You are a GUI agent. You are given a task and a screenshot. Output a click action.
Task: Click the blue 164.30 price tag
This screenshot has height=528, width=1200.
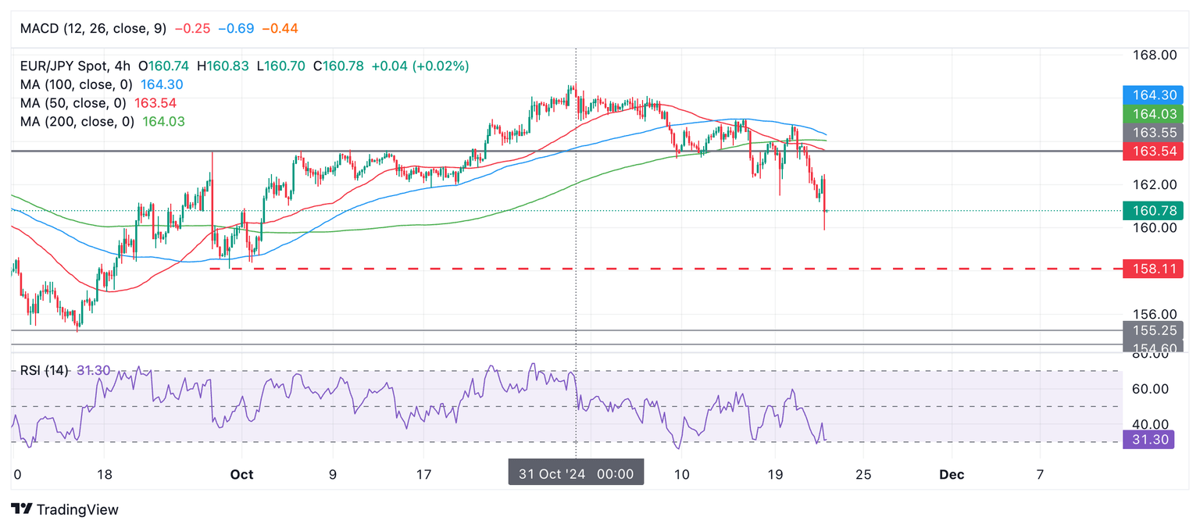click(x=1152, y=95)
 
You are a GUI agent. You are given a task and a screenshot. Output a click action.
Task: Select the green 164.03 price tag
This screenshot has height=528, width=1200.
click(x=1152, y=114)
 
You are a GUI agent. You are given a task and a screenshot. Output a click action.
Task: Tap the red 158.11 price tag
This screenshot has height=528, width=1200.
click(x=1152, y=269)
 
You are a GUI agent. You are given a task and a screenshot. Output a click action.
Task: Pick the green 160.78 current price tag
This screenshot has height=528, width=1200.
click(x=1152, y=210)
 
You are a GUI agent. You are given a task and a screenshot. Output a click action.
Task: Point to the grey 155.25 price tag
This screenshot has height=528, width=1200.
click(x=1152, y=330)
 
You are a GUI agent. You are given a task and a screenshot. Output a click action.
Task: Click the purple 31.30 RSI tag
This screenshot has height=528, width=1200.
click(x=1152, y=440)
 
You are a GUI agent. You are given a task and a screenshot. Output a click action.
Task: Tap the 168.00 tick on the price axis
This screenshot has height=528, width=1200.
click(x=1155, y=55)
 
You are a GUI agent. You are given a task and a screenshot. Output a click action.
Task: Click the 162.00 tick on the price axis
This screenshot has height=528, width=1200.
click(x=1155, y=184)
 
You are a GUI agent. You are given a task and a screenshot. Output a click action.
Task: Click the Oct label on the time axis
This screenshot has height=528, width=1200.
click(x=242, y=474)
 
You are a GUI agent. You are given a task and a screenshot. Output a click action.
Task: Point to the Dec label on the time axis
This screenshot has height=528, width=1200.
click(x=952, y=474)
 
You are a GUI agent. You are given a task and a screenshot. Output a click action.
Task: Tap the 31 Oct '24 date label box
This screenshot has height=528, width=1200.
click(x=576, y=473)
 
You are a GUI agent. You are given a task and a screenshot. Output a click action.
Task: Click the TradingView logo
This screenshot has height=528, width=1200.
click(x=66, y=509)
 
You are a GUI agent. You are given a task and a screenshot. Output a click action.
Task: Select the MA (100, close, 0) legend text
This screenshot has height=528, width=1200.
click(x=76, y=84)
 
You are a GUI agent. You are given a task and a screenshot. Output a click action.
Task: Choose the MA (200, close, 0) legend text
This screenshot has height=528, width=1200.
click(x=77, y=121)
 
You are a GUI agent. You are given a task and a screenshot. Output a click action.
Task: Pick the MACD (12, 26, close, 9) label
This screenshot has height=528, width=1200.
click(x=93, y=28)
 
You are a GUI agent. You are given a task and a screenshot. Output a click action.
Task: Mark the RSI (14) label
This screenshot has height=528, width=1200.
click(x=46, y=369)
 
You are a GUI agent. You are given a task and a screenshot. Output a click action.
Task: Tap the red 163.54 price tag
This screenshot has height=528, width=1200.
click(x=1152, y=151)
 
